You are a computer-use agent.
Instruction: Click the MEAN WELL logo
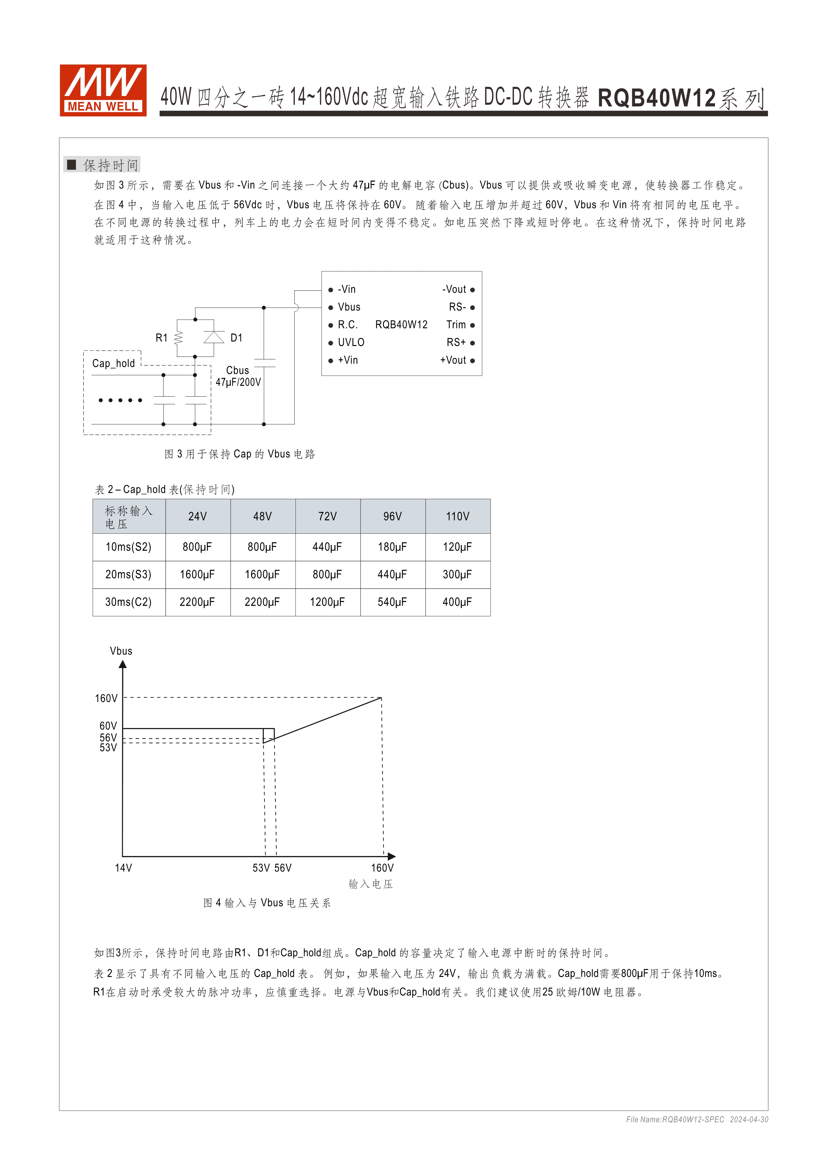click(x=103, y=90)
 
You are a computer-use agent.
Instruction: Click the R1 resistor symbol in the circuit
click(x=178, y=338)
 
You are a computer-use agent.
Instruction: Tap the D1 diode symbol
click(x=214, y=337)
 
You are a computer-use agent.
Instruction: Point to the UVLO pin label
click(x=351, y=342)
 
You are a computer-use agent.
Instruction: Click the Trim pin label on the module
click(x=456, y=325)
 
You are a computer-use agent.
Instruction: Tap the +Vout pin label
click(x=453, y=360)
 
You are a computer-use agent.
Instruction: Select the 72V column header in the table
click(x=327, y=516)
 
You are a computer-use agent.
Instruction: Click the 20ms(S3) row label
click(x=128, y=574)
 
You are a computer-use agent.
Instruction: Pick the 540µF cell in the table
click(x=392, y=602)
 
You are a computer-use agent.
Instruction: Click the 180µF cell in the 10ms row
click(x=392, y=547)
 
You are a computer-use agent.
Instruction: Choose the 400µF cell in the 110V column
click(x=457, y=602)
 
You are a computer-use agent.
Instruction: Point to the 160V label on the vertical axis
click(x=106, y=698)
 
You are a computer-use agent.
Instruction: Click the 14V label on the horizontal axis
click(x=123, y=868)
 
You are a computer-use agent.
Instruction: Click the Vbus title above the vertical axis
click(x=121, y=651)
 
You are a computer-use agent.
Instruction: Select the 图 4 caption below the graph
click(x=267, y=903)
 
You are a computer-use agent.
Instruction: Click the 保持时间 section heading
click(x=110, y=165)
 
